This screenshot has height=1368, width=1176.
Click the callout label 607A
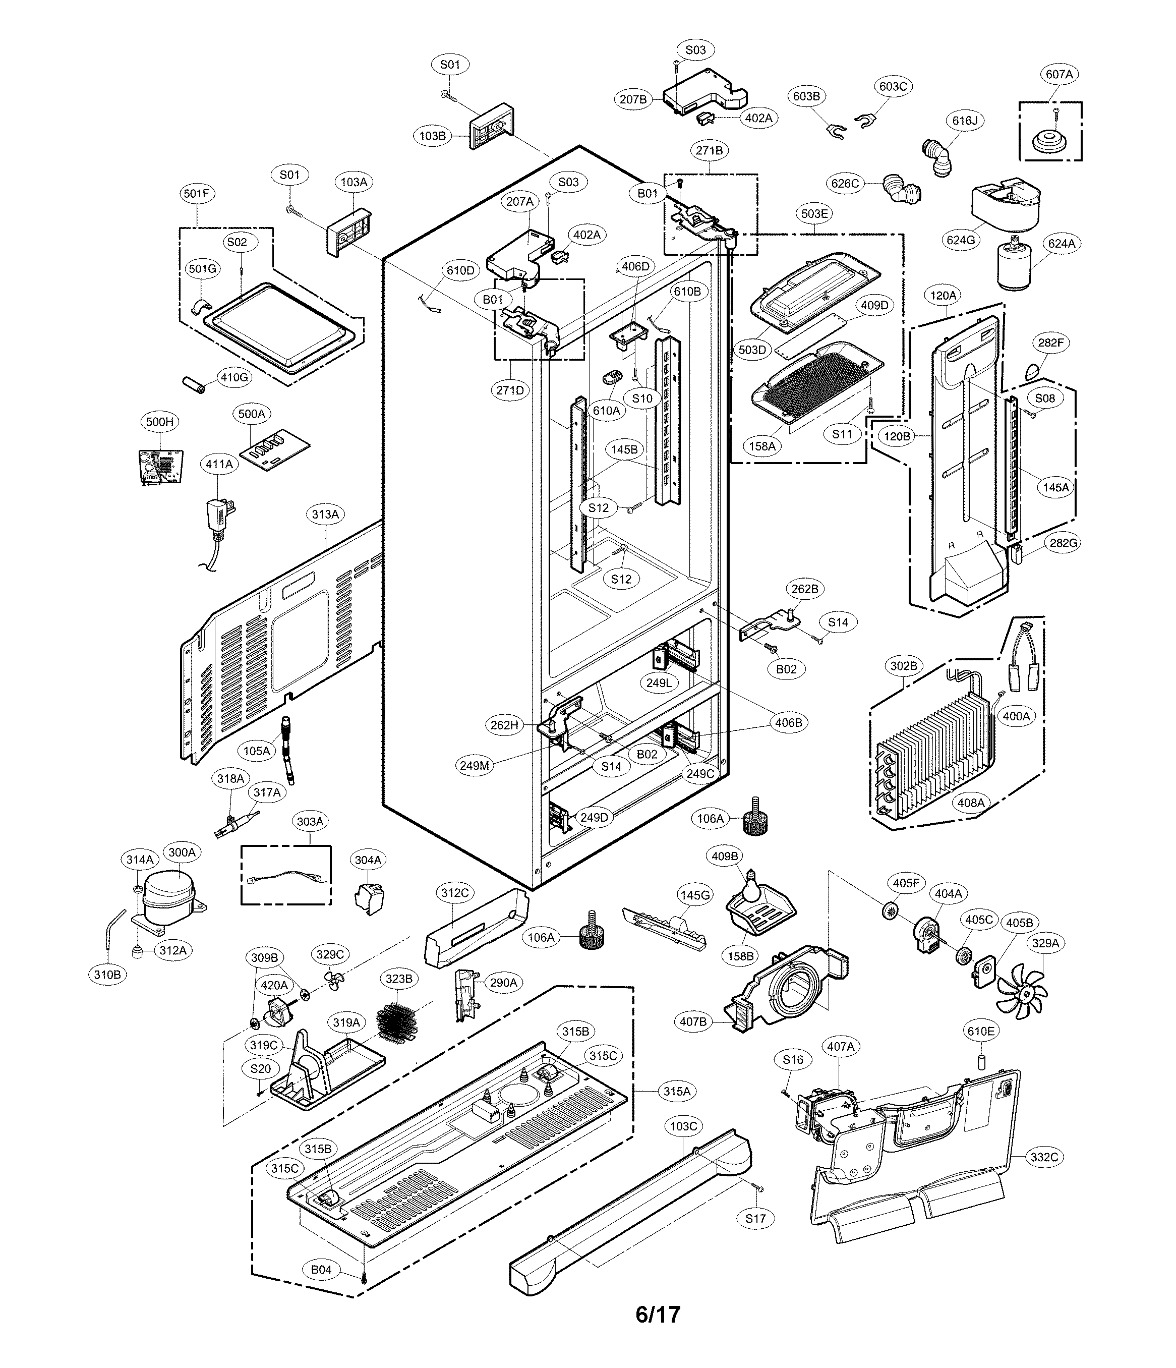1059,75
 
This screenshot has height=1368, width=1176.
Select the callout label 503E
814,214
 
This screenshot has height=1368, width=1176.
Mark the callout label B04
321,1270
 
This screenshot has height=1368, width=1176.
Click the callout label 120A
943,296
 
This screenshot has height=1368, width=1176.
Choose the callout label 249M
475,766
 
